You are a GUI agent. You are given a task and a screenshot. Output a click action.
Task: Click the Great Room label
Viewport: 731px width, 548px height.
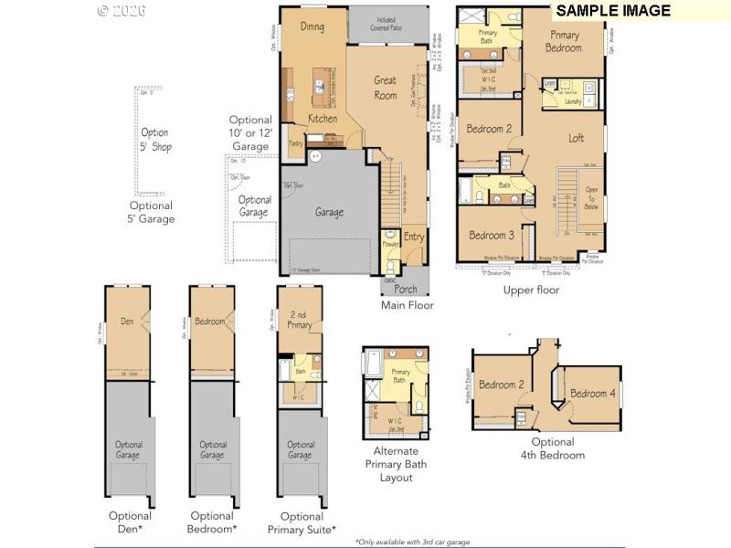tap(386, 88)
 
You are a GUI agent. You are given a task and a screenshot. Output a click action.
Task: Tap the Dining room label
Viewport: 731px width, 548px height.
tap(313, 27)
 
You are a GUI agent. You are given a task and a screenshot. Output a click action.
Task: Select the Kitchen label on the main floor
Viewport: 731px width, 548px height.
tap(322, 119)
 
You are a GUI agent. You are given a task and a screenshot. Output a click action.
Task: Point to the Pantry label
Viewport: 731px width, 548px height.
tap(295, 143)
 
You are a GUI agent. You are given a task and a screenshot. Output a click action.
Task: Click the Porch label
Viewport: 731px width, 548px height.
tap(406, 290)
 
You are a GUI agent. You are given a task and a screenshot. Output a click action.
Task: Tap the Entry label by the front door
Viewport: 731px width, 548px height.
tap(415, 237)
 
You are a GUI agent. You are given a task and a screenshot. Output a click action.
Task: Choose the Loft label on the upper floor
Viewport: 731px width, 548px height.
tap(577, 139)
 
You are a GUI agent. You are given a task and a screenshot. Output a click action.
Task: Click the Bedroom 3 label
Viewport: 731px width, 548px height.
tap(492, 236)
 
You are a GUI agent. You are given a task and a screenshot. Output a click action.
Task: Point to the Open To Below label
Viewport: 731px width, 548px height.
tap(590, 199)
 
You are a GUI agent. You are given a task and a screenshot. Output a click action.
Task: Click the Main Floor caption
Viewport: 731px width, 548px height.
tap(408, 305)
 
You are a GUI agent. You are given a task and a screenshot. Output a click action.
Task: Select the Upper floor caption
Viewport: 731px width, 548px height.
tap(531, 290)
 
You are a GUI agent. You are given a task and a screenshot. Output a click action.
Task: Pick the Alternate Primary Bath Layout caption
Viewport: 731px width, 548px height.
tap(396, 464)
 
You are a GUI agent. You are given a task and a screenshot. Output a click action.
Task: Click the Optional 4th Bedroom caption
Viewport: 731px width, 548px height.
tap(553, 448)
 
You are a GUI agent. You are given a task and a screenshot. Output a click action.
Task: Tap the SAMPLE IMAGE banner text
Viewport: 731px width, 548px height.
tap(613, 11)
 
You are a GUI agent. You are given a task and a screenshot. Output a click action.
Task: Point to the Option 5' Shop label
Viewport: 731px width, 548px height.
tap(154, 140)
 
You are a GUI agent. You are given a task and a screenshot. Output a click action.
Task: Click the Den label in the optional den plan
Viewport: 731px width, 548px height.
tap(127, 321)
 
